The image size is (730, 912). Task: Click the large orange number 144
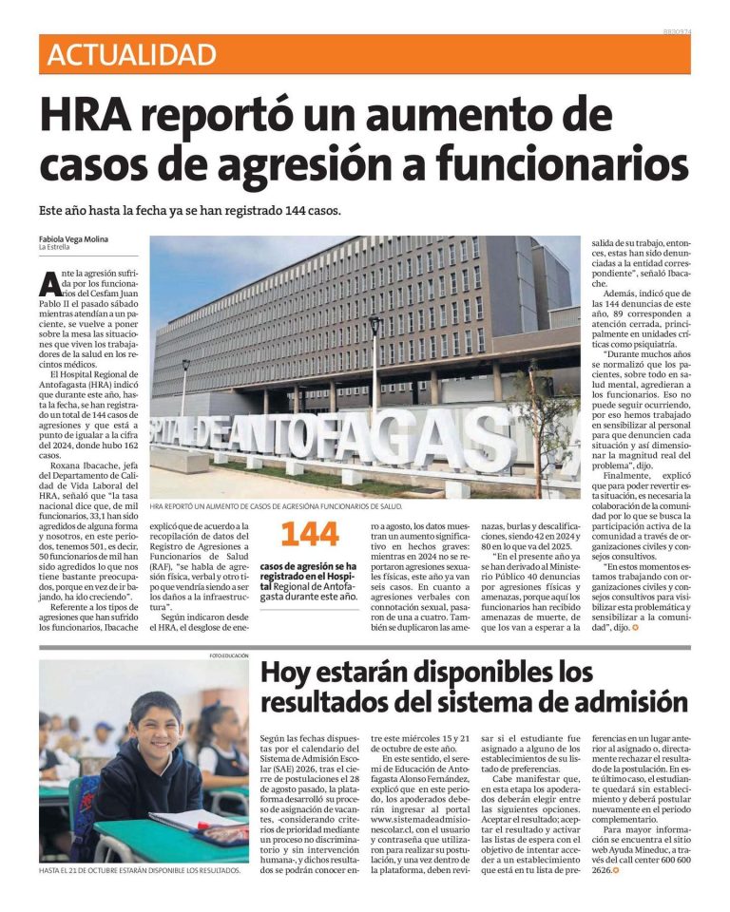pyautogui.click(x=310, y=534)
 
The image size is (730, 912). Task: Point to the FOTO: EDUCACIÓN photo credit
pyautogui.click(x=229, y=655)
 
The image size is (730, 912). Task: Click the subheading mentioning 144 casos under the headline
pyautogui.click(x=190, y=210)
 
